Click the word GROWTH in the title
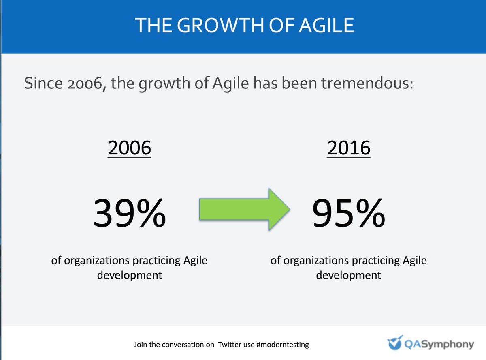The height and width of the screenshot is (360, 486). (215, 25)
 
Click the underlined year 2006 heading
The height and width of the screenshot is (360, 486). (130, 148)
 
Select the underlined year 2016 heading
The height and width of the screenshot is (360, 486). (349, 148)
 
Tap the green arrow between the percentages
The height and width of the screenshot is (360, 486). (244, 209)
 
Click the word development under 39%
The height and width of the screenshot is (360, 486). (130, 275)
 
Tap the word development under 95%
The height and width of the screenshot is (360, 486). (349, 275)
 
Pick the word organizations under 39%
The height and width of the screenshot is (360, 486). (96, 260)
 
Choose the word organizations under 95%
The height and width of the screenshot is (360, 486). (315, 260)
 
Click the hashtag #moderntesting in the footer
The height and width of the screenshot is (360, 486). (282, 345)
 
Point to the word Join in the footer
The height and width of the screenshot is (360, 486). (140, 345)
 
